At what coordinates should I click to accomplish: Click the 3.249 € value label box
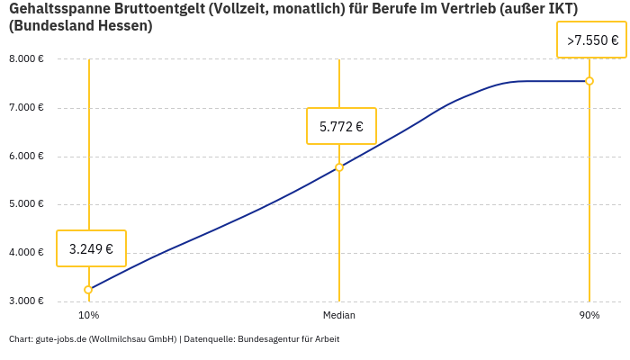[x=91, y=248]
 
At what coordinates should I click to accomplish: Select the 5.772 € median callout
[x=341, y=126]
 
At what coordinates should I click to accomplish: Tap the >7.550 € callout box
[x=591, y=40]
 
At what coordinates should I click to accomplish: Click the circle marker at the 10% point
[x=88, y=290]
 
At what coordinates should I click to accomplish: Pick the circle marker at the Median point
[x=339, y=167]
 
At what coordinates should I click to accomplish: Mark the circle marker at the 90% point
[x=589, y=81]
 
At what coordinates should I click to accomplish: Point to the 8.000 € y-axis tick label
[x=26, y=59]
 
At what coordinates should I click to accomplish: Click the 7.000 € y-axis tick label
[x=26, y=108]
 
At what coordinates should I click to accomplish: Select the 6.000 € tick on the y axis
[x=26, y=157]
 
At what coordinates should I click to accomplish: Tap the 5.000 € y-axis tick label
[x=26, y=204]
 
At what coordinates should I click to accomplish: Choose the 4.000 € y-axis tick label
[x=26, y=253]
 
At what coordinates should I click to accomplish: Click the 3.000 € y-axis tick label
[x=26, y=301]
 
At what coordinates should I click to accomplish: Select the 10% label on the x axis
[x=88, y=316]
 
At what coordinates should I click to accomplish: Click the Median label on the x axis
[x=339, y=316]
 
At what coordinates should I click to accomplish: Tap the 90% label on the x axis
[x=589, y=316]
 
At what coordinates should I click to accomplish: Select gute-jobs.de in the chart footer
[x=60, y=339]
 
